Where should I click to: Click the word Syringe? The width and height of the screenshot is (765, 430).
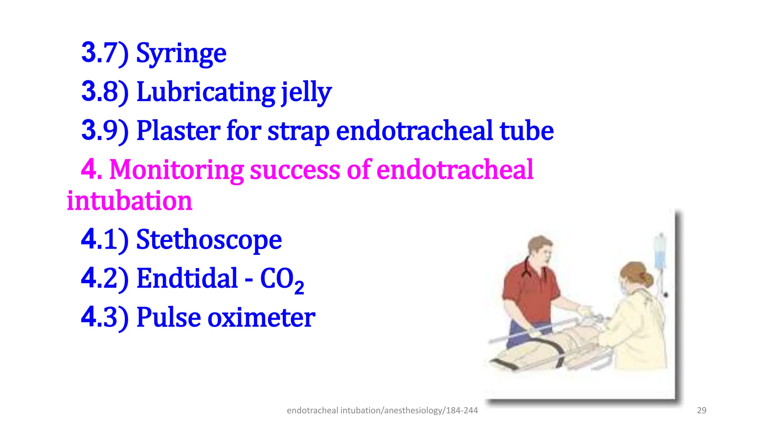[181, 53]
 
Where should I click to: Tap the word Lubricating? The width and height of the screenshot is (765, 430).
[206, 92]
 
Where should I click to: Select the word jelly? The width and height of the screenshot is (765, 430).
[306, 93]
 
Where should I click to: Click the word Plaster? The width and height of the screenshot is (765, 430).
[179, 131]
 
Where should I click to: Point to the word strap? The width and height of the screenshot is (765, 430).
[298, 132]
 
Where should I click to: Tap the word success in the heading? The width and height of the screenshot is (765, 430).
[295, 170]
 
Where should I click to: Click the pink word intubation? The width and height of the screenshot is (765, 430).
[129, 201]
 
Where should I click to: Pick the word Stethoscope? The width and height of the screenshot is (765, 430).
[209, 240]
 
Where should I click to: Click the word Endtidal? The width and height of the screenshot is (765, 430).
[187, 278]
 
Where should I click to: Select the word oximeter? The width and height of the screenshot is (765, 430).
[261, 318]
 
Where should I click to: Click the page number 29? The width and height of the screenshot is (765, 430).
[701, 411]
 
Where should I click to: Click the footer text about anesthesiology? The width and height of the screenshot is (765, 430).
[382, 411]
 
